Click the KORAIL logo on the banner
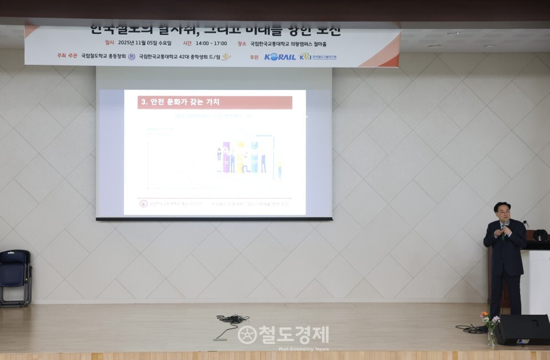(x=280, y=57)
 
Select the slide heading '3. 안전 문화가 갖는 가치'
(x=179, y=103)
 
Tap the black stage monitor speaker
(x=522, y=330)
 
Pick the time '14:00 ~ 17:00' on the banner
(x=211, y=43)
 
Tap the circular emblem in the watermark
(x=247, y=335)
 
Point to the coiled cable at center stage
(x=232, y=319)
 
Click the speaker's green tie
(x=503, y=232)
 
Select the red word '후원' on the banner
(x=254, y=57)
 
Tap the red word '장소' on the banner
(x=241, y=43)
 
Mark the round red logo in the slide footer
(x=143, y=204)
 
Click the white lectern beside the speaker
(x=535, y=281)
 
